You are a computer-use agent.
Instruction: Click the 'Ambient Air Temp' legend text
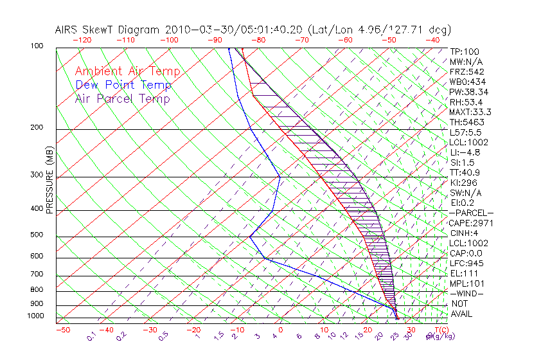127,71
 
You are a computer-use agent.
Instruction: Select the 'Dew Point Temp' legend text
123,85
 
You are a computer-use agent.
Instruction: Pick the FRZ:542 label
466,71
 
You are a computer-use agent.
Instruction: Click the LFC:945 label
466,263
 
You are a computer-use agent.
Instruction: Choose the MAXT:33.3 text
470,112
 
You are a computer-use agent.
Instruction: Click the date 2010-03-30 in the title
195,30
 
